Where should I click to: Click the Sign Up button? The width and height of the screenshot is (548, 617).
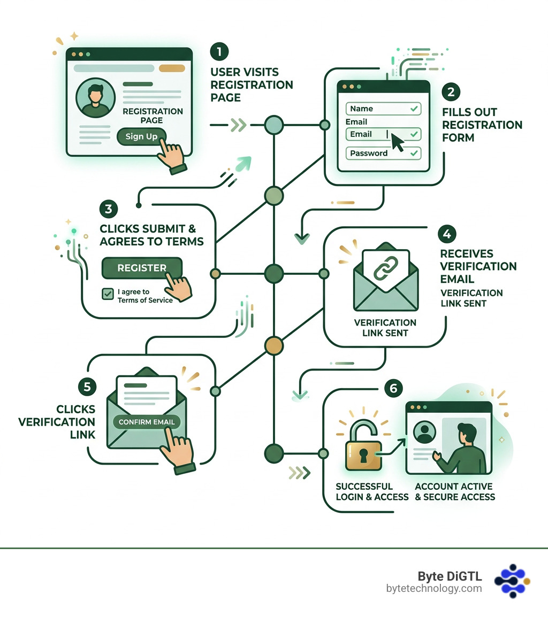[x=141, y=136]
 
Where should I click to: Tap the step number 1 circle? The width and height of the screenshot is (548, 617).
[x=219, y=51]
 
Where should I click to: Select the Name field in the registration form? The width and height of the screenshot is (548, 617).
[x=383, y=109]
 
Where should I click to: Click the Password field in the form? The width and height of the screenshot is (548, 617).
[x=383, y=153]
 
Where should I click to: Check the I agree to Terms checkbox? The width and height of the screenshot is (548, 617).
[x=108, y=294]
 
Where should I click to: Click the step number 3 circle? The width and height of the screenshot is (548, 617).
[x=109, y=209]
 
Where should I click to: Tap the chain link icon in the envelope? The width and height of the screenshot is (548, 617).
[x=386, y=268]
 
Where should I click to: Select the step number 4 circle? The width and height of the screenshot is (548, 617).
[x=447, y=234]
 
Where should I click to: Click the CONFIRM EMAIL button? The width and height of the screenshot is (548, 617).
[x=147, y=422]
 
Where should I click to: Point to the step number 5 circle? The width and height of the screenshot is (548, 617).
[x=87, y=387]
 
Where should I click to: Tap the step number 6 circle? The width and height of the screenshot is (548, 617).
[x=393, y=388]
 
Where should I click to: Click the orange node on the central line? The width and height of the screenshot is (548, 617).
[x=274, y=346]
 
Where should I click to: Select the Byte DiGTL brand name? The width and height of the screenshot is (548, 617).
[x=450, y=576]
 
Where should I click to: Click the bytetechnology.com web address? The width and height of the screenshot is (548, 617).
[x=434, y=589]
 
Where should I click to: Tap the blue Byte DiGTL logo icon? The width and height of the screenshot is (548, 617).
[x=512, y=581]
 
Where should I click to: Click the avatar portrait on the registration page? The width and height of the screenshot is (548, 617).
[x=95, y=98]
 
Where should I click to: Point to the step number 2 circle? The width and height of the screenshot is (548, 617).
[x=451, y=92]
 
